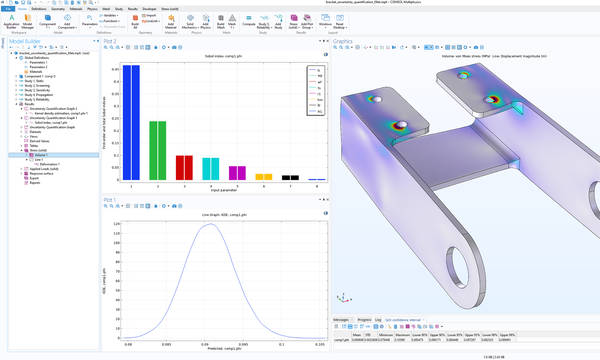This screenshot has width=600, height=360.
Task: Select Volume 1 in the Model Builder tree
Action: point(43,156)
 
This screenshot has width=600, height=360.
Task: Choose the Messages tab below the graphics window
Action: point(342,320)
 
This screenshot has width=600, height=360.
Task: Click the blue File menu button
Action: point(8,10)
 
